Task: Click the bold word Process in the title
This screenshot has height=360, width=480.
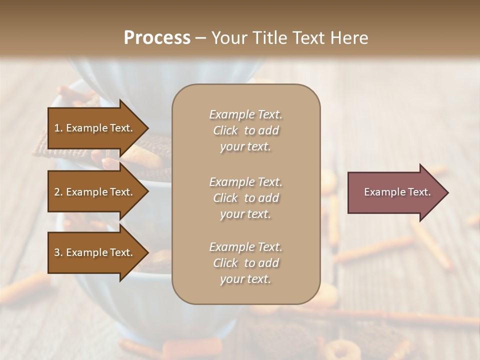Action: click(x=157, y=38)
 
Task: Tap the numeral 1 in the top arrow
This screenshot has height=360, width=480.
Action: click(x=57, y=128)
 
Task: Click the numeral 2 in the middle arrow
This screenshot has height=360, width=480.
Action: click(x=57, y=192)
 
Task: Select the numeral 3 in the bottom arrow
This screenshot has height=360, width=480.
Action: click(x=57, y=253)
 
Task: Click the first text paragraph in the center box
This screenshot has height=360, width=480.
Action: click(x=245, y=130)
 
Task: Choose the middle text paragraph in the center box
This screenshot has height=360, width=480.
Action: click(x=245, y=198)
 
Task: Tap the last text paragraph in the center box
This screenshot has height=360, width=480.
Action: click(x=245, y=263)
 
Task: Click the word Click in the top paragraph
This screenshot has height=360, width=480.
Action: click(x=225, y=130)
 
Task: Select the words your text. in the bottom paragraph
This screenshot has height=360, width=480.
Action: click(x=245, y=279)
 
